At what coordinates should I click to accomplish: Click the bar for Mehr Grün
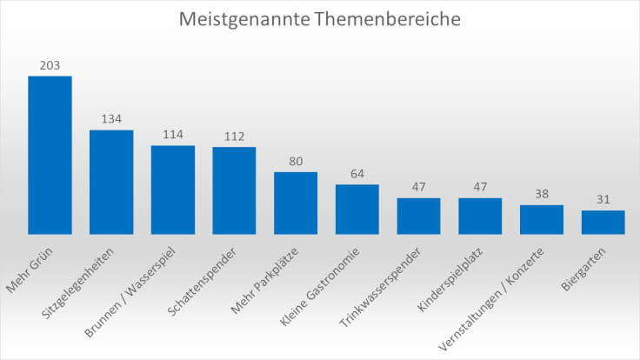pos(50,155)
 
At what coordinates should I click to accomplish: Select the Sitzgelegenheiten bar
pos(111,182)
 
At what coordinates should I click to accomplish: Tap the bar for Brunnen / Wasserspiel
pos(173,190)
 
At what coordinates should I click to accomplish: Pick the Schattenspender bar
pos(234,190)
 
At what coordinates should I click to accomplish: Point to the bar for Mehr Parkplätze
pos(296,203)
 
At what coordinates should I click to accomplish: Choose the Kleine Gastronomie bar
pos(357,210)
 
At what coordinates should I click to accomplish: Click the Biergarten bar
pos(603,223)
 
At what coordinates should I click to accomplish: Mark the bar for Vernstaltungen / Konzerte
pos(542,220)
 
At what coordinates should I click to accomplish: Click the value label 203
pos(50,65)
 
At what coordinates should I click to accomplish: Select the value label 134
pos(111,119)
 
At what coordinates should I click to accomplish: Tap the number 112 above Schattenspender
pos(234,137)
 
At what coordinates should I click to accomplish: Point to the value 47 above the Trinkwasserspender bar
pos(419,187)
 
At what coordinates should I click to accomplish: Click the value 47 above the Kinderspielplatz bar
pos(480,187)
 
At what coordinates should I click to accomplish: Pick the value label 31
pos(603,199)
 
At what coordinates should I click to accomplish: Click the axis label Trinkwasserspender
pos(380,287)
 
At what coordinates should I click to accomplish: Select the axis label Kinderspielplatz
pos(450,279)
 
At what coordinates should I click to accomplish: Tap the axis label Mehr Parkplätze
pos(264,280)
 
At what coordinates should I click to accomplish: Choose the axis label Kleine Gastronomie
pos(320,287)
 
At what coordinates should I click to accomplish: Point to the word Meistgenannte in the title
pos(244,20)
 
